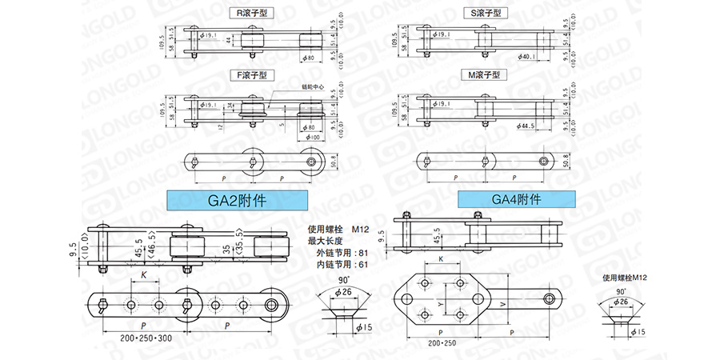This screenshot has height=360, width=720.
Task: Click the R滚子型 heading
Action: point(250,14)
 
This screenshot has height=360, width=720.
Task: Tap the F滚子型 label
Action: point(250,75)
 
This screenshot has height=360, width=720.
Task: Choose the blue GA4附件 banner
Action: point(517,200)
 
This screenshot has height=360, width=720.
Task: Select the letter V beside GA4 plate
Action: point(501,305)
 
